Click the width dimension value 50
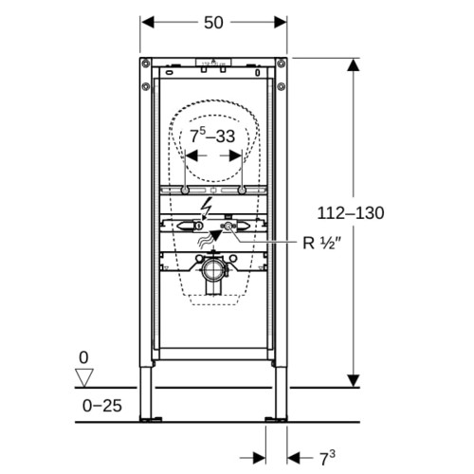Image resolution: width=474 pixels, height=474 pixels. point(213,23)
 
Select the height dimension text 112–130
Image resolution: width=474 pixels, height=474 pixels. point(351,213)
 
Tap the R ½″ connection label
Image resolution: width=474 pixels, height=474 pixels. point(322,243)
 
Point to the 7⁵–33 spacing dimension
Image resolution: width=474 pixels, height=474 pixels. point(212,136)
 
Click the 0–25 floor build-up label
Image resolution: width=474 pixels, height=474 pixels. point(102,406)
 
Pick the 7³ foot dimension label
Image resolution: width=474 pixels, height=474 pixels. point(327,458)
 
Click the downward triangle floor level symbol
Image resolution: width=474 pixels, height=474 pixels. point(84,377)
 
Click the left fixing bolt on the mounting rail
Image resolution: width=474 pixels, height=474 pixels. point(185,191)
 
